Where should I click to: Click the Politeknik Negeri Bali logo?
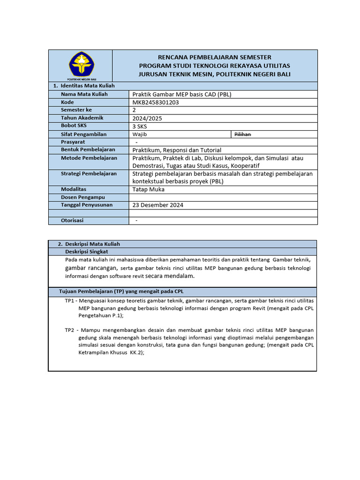[81, 65]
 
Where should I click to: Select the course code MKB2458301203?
[156, 102]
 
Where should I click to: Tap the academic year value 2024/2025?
[147, 119]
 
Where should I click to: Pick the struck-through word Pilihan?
[242, 135]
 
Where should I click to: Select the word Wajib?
[140, 135]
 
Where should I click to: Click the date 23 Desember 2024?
[158, 205]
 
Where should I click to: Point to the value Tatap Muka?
[149, 189]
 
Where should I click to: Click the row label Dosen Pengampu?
[83, 197]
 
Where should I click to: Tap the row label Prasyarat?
[73, 142]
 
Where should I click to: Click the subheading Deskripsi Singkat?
[87, 252]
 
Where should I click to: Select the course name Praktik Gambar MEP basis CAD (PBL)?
[182, 94]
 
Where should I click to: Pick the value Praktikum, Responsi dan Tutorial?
[177, 150]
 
